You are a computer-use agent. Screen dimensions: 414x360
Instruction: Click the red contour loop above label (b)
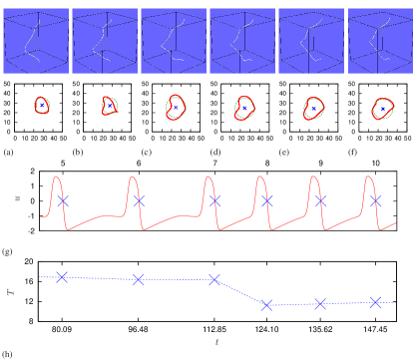click(110, 106)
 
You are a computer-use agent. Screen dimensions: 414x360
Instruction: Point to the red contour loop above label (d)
click(243, 108)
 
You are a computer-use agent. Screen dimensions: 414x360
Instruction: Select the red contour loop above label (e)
click(312, 108)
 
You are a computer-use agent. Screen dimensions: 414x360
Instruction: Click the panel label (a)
click(8, 154)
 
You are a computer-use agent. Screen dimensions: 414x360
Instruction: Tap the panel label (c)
click(146, 154)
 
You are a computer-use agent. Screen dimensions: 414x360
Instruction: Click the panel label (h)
click(8, 354)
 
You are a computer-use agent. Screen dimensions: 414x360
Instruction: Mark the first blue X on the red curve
click(63, 200)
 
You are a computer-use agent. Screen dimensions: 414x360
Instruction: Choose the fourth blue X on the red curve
click(266, 200)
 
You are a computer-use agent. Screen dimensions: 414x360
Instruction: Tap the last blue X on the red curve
click(375, 199)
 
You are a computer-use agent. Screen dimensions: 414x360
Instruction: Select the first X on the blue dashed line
click(62, 276)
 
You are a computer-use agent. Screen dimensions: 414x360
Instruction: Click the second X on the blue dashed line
click(138, 279)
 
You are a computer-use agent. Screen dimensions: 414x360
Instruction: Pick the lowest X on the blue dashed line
click(266, 304)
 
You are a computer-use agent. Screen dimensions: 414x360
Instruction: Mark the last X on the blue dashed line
click(375, 301)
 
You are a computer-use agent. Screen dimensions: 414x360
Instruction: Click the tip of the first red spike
click(57, 178)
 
